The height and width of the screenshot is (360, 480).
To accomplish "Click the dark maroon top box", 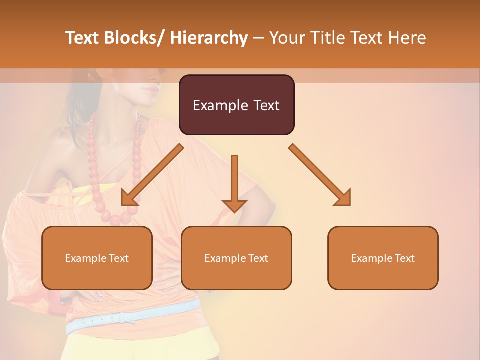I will [x=236, y=105].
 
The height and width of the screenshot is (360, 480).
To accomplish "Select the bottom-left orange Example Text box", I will [x=97, y=258].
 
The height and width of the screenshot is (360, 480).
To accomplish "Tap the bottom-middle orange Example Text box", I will [x=236, y=258].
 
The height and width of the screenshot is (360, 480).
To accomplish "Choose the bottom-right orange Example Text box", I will [x=383, y=258].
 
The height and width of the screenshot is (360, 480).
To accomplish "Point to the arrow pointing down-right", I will [x=320, y=175].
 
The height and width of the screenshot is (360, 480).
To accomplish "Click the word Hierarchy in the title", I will [x=209, y=38].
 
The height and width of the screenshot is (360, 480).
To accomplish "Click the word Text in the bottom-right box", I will [x=404, y=258].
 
